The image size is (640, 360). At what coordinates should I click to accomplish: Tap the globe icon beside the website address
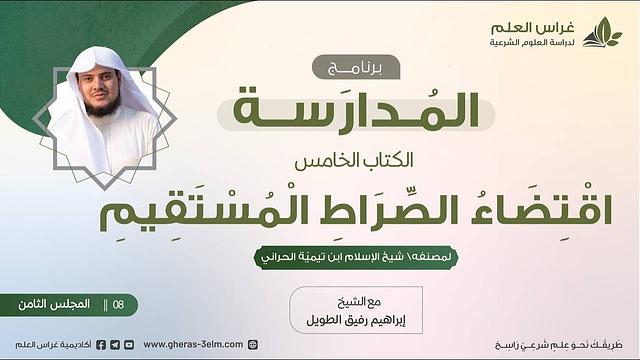252,344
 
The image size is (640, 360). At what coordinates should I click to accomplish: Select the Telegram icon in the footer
115,344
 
